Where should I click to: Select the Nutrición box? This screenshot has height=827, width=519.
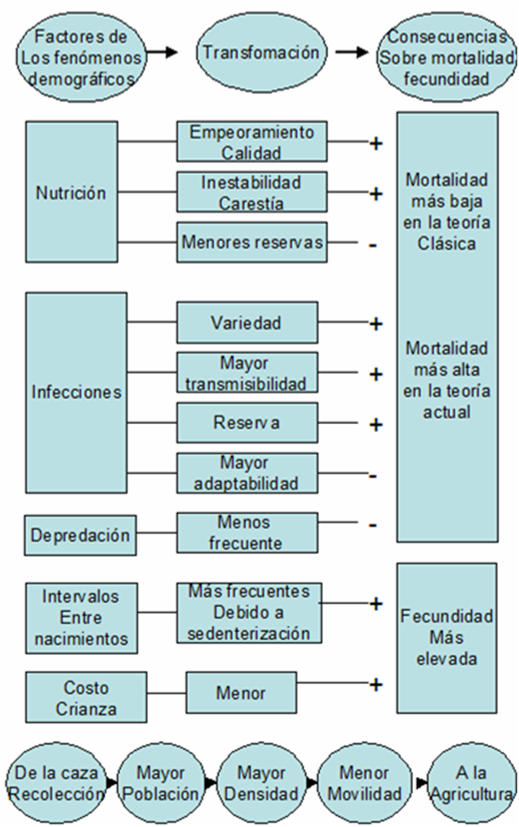point(71,193)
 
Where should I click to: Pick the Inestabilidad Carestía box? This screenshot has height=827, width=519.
point(251,193)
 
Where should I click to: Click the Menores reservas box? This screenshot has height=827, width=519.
point(252,242)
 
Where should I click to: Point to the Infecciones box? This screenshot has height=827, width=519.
point(76,392)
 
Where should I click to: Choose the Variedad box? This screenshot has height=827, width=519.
point(246,322)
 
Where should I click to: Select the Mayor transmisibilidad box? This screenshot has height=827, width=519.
point(246,373)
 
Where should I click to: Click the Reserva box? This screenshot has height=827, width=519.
point(246,422)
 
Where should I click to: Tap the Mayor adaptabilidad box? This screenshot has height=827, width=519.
point(246,473)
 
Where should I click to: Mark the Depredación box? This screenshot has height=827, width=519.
point(81,535)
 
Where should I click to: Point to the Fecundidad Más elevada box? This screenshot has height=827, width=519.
point(447,637)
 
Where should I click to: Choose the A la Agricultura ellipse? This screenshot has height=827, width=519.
point(472,785)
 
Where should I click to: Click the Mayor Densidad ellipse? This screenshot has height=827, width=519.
point(262,785)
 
